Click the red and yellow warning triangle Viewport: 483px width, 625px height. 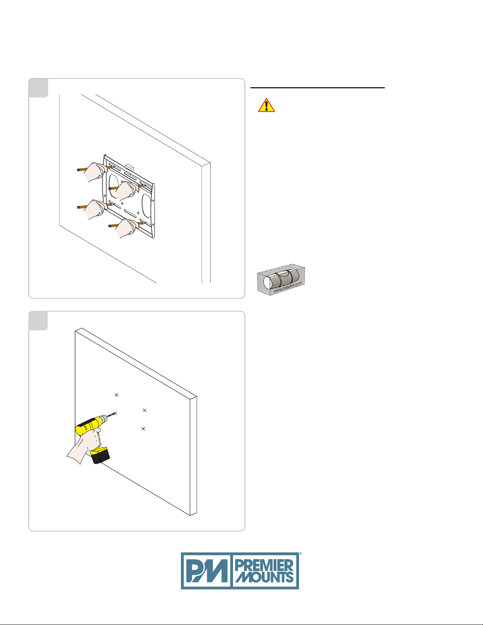(266, 105)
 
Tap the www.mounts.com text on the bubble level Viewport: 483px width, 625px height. (288, 287)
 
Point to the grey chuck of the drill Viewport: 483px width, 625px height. (103, 419)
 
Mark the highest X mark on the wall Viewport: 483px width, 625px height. (116, 395)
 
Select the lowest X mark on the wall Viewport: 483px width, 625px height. (143, 429)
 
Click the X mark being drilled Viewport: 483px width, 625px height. (115, 413)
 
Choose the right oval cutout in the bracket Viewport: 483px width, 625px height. (146, 205)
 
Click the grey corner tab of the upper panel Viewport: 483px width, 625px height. (38, 88)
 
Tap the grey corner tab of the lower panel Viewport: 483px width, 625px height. (38, 321)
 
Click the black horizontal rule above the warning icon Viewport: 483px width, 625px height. (317, 88)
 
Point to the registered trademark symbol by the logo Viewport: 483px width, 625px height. (300, 553)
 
